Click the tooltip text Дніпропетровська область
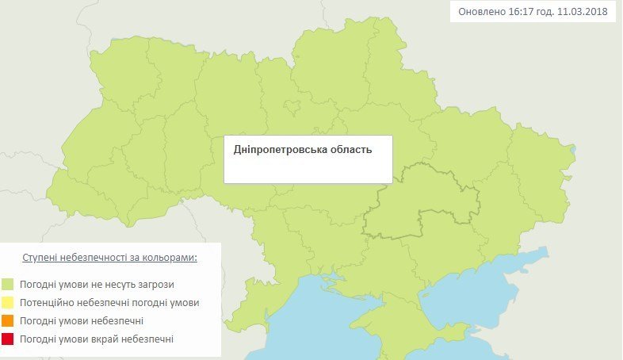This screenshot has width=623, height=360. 302,149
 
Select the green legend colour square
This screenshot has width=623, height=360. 8,283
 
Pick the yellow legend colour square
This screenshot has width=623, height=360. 8,302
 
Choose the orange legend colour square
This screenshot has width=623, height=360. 8,320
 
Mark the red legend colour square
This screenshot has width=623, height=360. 8,339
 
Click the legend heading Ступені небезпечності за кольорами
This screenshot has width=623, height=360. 109,259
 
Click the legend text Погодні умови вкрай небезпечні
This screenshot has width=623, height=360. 97,339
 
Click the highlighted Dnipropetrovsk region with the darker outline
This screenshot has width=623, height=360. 412,206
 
